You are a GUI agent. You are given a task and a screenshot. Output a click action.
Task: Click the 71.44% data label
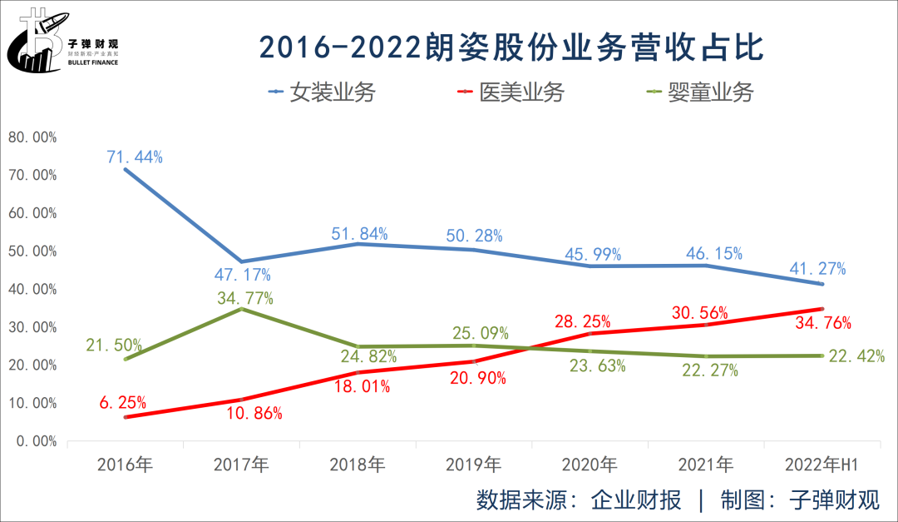tap(134, 156)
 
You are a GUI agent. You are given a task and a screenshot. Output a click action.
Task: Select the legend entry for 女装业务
tap(322, 92)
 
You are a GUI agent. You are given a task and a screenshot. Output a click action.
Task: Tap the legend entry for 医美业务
tap(511, 92)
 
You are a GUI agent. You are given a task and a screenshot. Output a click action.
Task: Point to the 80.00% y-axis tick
tap(32, 137)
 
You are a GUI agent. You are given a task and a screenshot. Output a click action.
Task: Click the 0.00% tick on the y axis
tap(35, 441)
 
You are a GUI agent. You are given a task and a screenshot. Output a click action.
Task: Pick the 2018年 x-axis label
tap(357, 464)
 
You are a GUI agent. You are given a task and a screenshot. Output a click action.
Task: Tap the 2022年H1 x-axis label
tap(822, 464)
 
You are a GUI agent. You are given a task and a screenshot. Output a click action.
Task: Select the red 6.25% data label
tap(124, 403)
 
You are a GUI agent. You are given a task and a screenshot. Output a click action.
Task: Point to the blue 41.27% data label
tap(818, 268)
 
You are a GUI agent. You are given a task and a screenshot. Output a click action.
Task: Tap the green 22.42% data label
tap(856, 356)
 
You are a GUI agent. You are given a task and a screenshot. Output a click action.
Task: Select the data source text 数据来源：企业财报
tap(579, 500)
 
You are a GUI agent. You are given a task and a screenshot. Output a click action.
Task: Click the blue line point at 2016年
tap(126, 170)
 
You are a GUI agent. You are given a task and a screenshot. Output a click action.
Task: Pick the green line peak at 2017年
tap(241, 309)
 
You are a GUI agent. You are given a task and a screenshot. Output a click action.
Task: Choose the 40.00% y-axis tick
tap(32, 289)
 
